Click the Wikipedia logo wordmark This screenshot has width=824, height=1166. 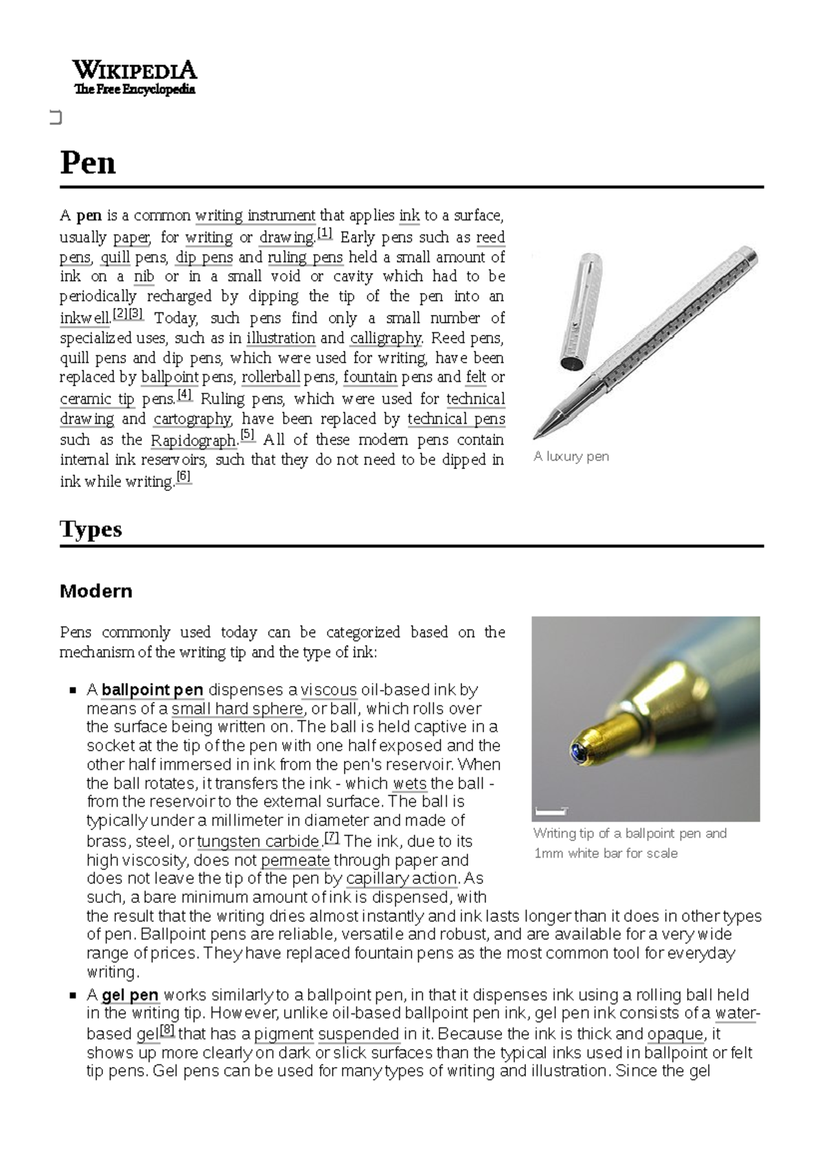(135, 70)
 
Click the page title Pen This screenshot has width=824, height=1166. (88, 163)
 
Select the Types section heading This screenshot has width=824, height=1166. (91, 529)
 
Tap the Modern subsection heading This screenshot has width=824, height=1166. (95, 591)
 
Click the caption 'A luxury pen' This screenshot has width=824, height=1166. (571, 457)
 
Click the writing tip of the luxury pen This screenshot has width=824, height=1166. (540, 433)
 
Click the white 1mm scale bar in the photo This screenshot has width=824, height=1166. (551, 812)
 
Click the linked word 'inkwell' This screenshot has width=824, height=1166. (84, 318)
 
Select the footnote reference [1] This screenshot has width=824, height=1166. (325, 234)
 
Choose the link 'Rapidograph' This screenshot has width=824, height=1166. (193, 440)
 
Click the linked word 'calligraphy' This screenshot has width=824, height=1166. (386, 338)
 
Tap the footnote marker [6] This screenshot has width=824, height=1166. (183, 477)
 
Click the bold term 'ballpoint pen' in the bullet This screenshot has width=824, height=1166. (152, 689)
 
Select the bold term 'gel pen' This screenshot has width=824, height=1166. (130, 995)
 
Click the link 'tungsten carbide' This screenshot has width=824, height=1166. (258, 841)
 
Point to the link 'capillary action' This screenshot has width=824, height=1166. (402, 878)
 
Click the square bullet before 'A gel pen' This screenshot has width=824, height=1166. (73, 995)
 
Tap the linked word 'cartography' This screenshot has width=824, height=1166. (192, 419)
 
